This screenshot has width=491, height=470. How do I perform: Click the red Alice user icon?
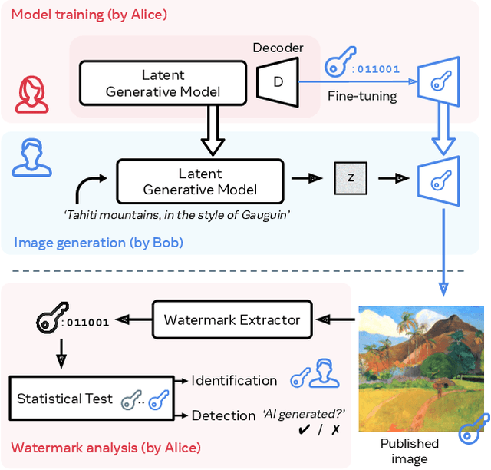tap(31, 94)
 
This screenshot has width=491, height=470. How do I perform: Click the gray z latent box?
tap(351, 177)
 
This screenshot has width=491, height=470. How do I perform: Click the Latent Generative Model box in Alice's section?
tap(163, 83)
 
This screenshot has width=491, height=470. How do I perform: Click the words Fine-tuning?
tap(362, 96)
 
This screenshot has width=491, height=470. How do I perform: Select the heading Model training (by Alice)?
tap(89, 14)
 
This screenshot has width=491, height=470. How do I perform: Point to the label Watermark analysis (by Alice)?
tap(106, 448)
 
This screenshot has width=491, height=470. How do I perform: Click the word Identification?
tap(234, 380)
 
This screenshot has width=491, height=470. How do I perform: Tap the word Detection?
tap(223, 415)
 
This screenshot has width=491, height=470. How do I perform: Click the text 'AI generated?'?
tap(302, 413)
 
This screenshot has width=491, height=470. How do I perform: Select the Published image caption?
tap(410, 451)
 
